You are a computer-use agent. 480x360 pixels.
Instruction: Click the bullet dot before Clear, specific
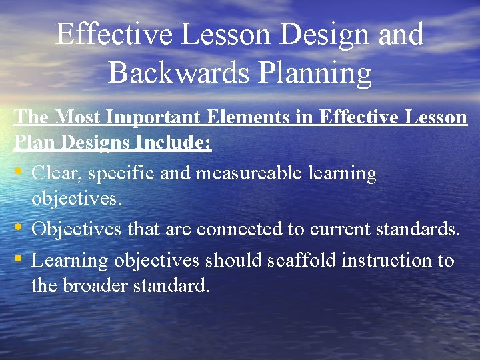pos(20,173)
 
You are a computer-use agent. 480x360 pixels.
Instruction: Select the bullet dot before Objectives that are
pos(20,229)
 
